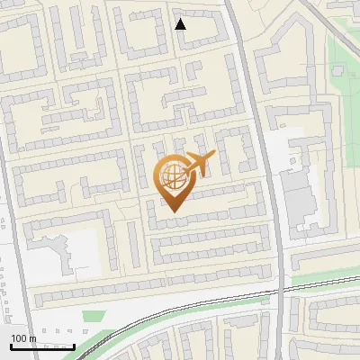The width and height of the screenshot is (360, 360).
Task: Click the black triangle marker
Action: point(181,24)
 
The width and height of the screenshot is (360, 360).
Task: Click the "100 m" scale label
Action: point(23,338)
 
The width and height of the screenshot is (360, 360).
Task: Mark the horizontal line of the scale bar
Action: point(42,346)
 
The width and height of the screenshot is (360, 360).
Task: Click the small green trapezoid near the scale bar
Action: point(94,316)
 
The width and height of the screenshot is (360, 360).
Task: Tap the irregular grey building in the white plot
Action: point(63,252)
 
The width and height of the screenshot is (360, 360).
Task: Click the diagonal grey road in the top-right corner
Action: point(333,22)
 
